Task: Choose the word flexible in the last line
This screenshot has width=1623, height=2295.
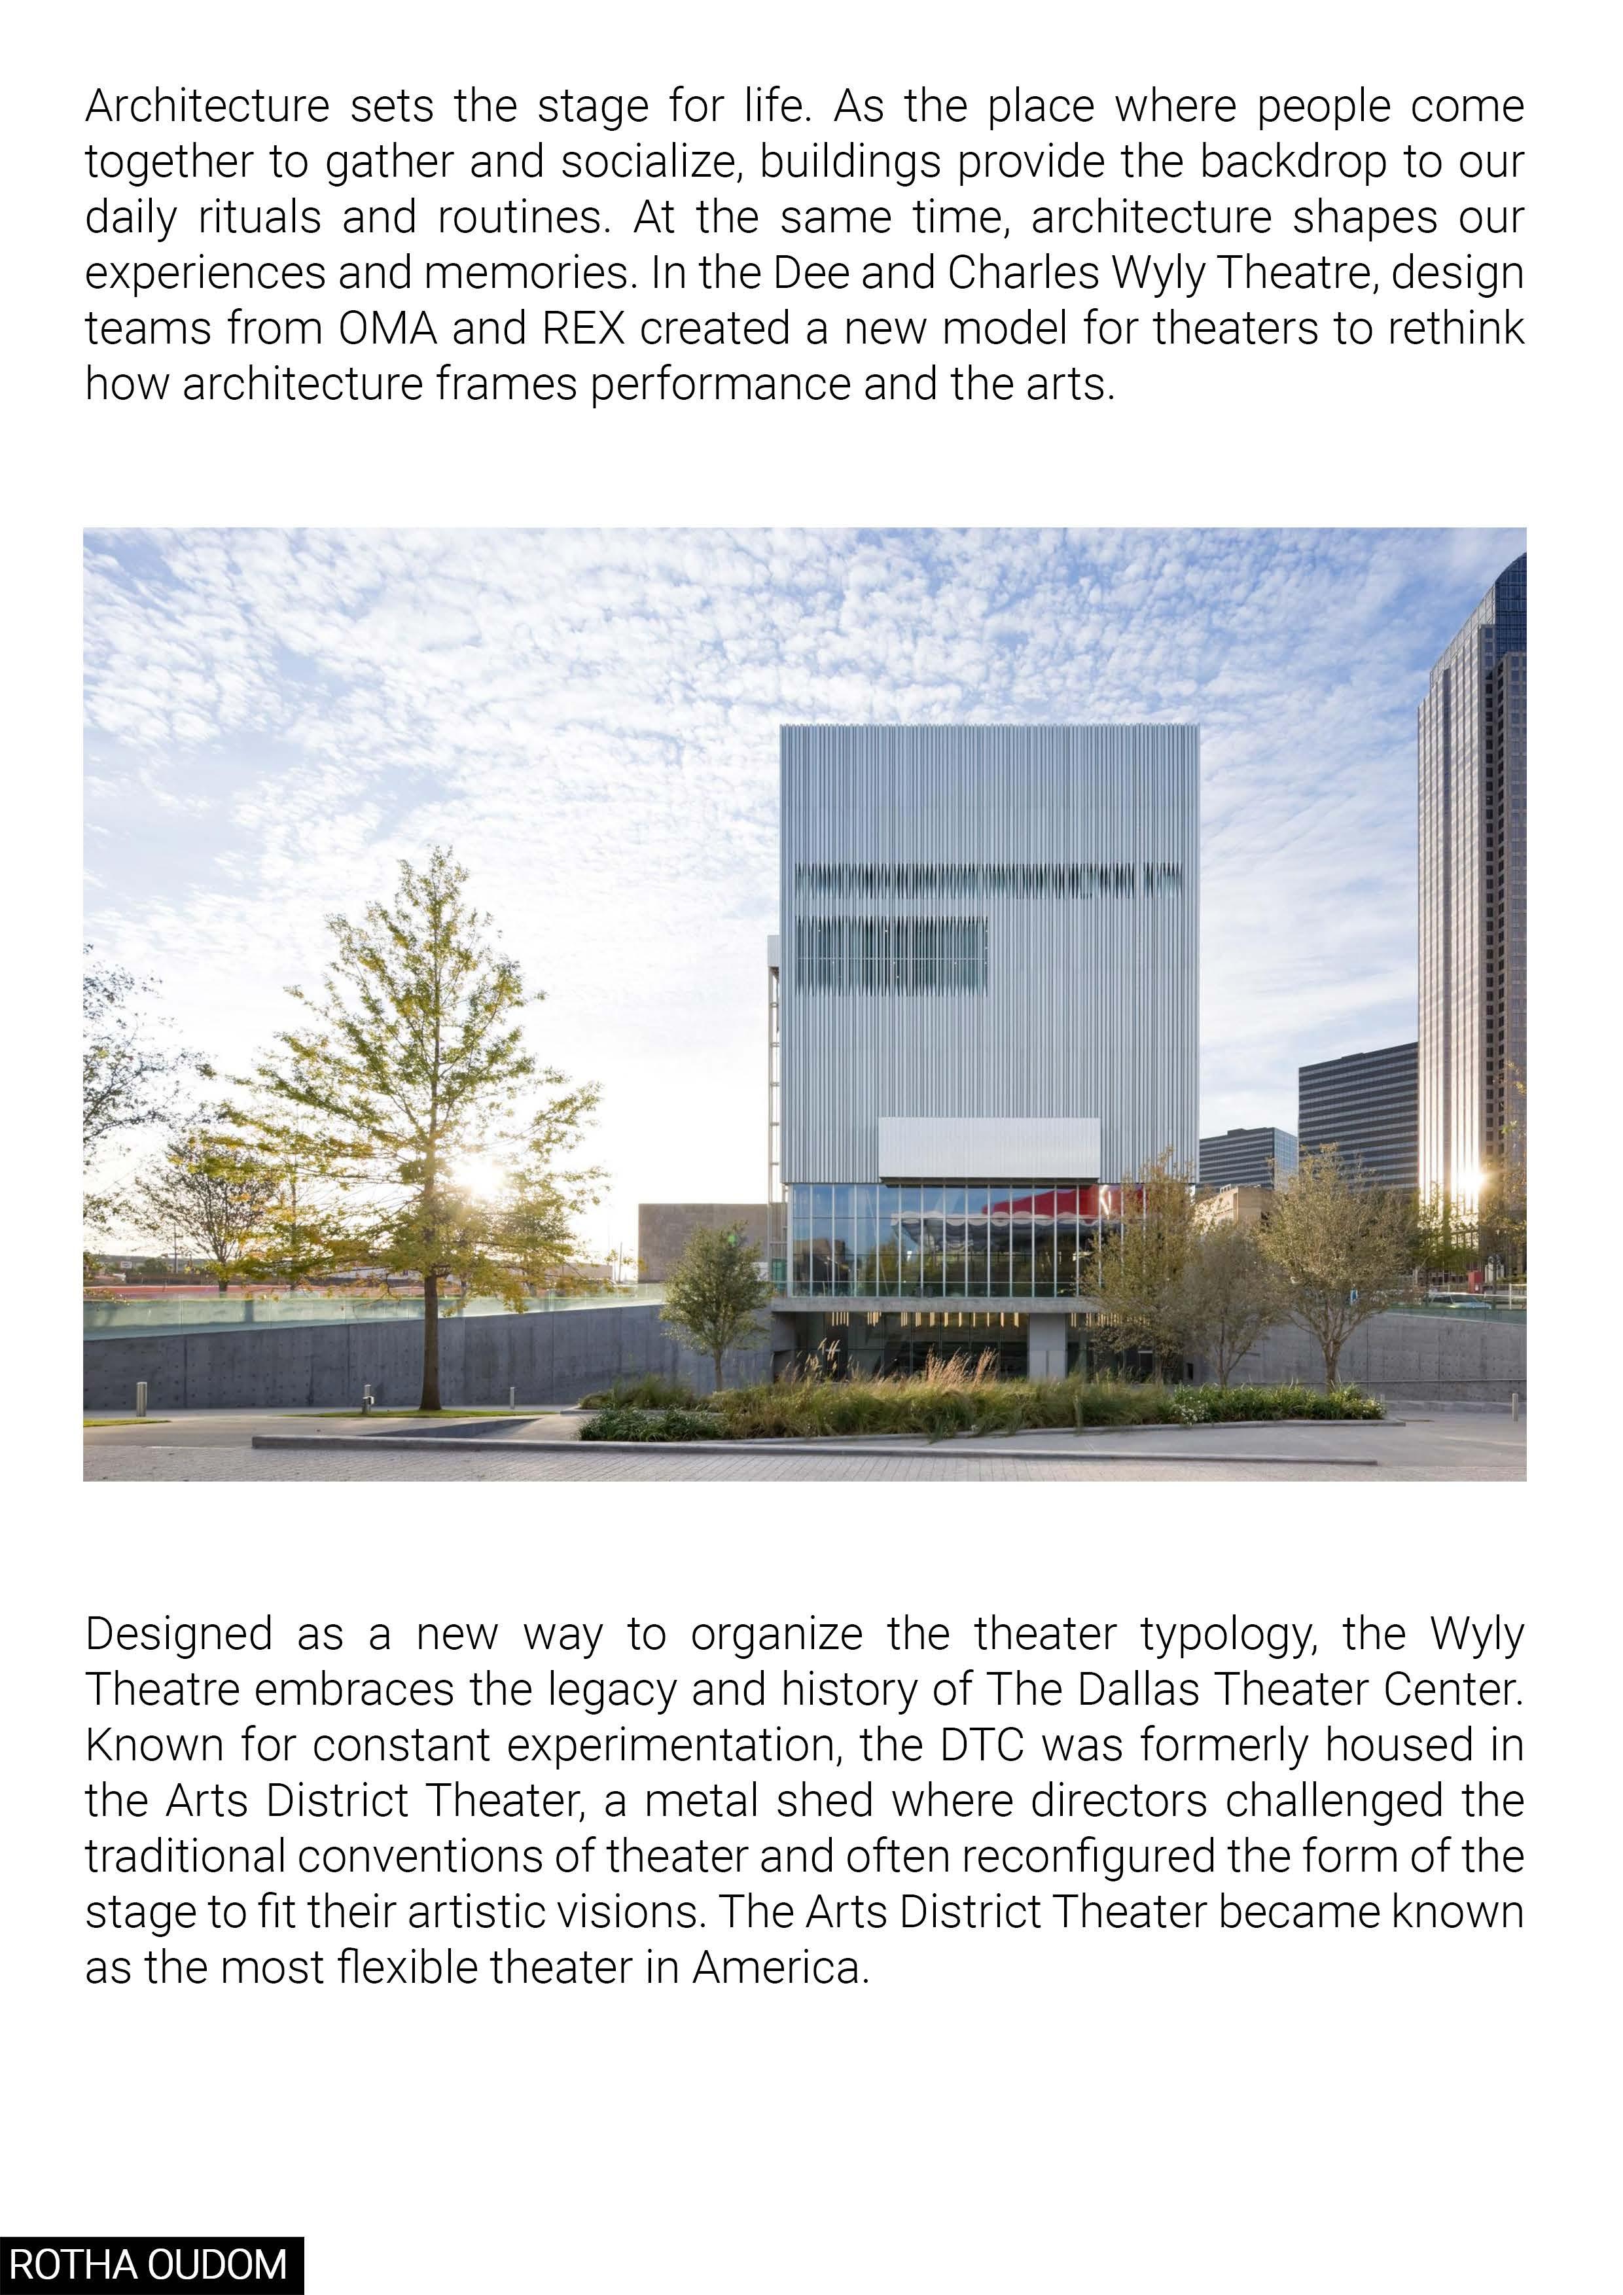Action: coord(407,1967)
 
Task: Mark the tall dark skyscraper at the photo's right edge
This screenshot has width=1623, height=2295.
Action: coord(1469,900)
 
